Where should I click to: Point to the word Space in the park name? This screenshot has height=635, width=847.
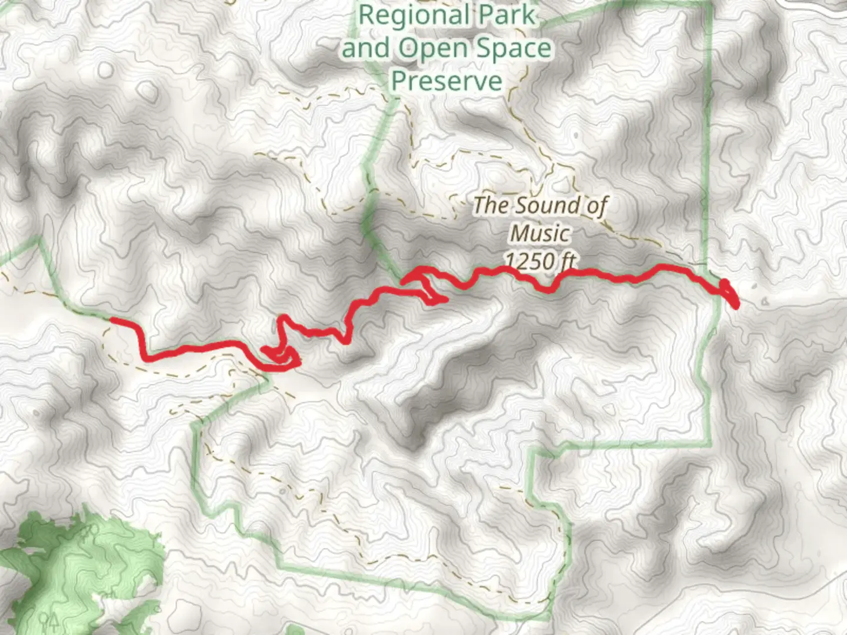pos(513,49)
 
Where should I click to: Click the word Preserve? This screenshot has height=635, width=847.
pos(446,81)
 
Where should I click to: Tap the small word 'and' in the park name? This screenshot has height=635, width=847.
pos(365,49)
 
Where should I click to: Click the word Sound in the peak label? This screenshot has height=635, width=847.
pos(536,206)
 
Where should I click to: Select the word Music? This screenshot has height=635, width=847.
pos(540,233)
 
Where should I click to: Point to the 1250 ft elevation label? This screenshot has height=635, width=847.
pos(540,260)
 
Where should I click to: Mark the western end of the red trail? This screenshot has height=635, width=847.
pos(112,320)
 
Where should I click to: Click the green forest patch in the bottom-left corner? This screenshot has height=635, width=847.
pos(88,564)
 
